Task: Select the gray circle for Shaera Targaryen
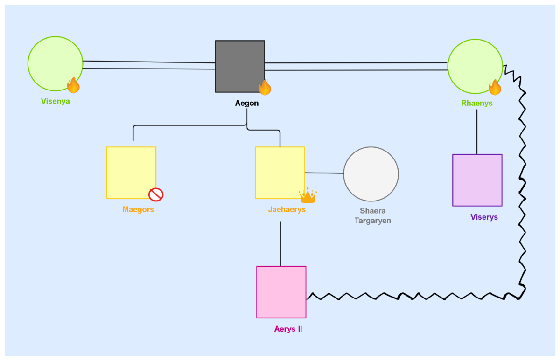coord(371,174)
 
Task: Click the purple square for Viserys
coord(477,180)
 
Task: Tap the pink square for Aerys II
coord(281,292)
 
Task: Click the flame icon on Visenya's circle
coord(73,85)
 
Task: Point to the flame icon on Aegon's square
coord(265,87)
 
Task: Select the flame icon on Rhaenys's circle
coord(495,87)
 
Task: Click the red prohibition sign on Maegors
coord(156,194)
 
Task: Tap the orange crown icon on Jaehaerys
coord(308,196)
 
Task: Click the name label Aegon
coord(246,104)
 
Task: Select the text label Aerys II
coord(288,329)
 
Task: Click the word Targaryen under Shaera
coord(372,221)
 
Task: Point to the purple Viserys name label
coord(484,217)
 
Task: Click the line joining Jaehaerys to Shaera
coord(324,173)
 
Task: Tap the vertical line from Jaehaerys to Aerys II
coord(280,243)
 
